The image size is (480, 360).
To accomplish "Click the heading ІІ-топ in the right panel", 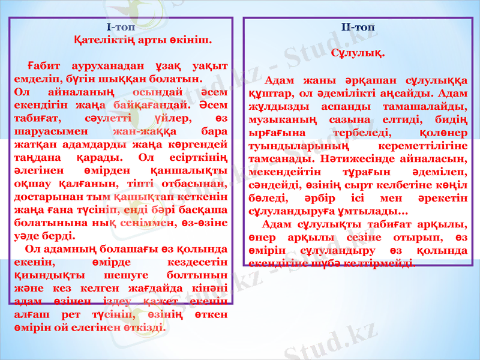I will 357,27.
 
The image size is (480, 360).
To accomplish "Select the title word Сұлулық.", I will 358,52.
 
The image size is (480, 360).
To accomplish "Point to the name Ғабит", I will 40,66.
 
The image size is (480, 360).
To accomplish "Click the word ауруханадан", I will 102,66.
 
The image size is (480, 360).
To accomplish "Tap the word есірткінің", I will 195,158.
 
